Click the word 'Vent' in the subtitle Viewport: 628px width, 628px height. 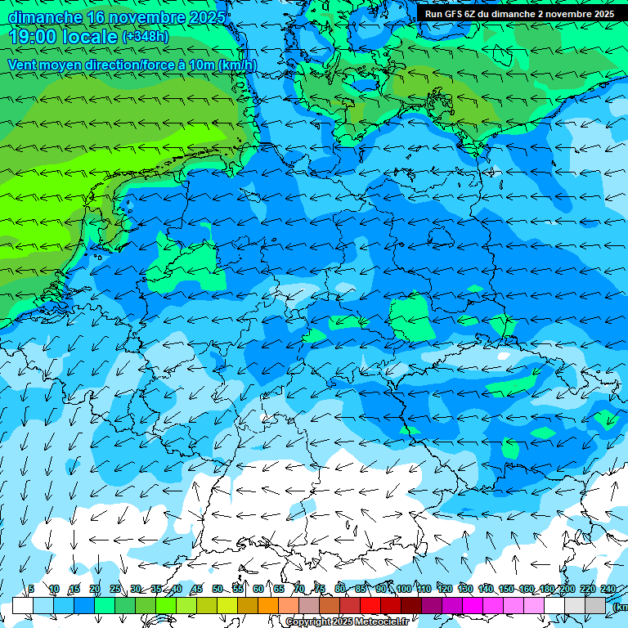click(23, 65)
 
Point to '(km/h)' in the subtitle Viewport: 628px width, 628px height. click(238, 65)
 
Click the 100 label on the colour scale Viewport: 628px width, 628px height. click(403, 589)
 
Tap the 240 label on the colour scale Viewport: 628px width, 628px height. click(608, 589)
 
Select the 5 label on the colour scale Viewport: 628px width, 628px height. click(31, 589)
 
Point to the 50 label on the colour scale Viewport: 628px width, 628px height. click(218, 589)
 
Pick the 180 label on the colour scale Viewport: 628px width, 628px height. click(546, 589)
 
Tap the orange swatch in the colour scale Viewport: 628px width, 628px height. click(268, 605)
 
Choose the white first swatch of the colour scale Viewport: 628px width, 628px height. click(23, 605)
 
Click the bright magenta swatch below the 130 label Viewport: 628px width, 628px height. click(473, 605)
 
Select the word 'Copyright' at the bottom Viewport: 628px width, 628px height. click(309, 622)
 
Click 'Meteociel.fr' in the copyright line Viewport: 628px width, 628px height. click(379, 622)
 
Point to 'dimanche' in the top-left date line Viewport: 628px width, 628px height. click(45, 16)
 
